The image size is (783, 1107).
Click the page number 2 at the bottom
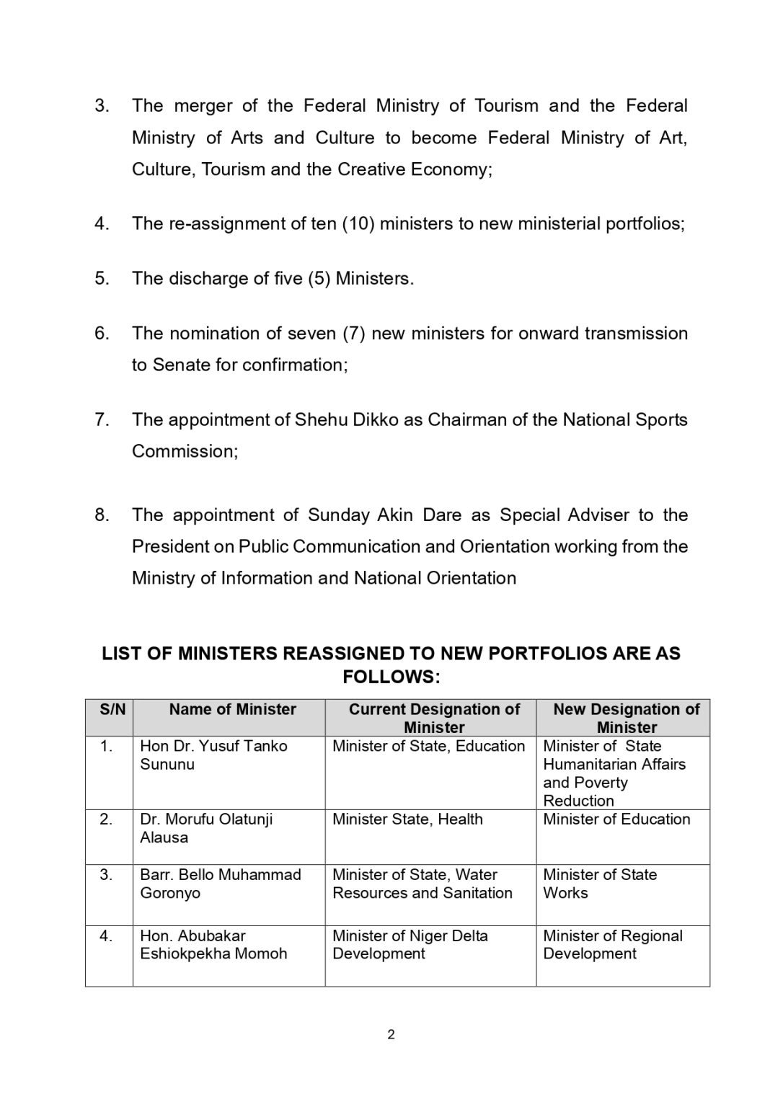click(391, 1035)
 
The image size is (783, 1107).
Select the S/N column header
click(112, 710)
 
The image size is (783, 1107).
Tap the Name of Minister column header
click(232, 710)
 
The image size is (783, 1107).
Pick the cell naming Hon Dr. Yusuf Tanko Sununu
click(213, 755)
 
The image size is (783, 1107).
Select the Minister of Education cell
click(616, 819)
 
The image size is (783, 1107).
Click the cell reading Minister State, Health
click(407, 819)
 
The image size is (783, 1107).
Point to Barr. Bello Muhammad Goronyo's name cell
click(220, 884)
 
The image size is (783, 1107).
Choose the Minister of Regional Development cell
click(612, 945)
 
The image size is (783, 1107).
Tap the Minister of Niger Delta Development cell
click(410, 945)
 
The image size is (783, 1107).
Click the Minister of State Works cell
click(600, 884)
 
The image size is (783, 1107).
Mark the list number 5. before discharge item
click(102, 278)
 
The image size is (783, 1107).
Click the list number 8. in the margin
click(102, 515)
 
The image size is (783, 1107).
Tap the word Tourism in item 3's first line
click(506, 106)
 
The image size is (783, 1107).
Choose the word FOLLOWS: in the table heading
click(391, 677)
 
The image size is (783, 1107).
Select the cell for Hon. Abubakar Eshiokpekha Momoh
click(213, 945)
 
